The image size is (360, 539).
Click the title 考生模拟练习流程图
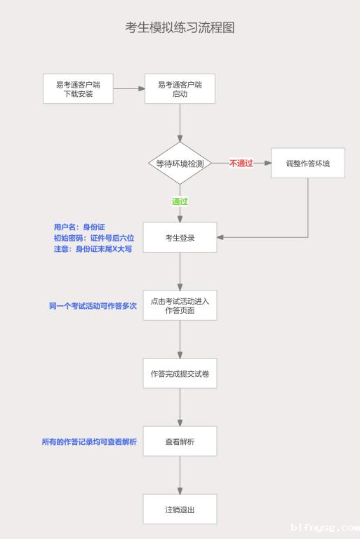[180, 27]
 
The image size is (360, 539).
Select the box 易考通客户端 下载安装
[78, 88]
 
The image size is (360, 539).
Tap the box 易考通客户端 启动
[180, 88]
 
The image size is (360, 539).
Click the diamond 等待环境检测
[180, 164]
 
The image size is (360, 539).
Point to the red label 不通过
[241, 164]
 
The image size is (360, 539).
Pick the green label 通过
[180, 201]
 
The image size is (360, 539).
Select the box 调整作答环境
[308, 164]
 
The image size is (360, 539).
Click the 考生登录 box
[180, 237]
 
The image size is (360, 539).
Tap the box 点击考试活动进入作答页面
[180, 305]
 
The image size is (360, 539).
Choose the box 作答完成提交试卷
[180, 373]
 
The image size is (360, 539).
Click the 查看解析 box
[180, 441]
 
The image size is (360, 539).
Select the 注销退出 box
[180, 510]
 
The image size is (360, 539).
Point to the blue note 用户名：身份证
[79, 227]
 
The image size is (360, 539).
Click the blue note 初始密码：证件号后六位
[94, 238]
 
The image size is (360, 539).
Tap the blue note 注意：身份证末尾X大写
[93, 249]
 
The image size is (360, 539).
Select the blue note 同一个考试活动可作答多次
[93, 306]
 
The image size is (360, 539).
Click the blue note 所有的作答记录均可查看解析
[89, 441]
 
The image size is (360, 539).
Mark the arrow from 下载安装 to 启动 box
[129, 88]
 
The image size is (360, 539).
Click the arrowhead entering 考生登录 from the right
[220, 237]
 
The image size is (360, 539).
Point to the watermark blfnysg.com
[325, 527]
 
